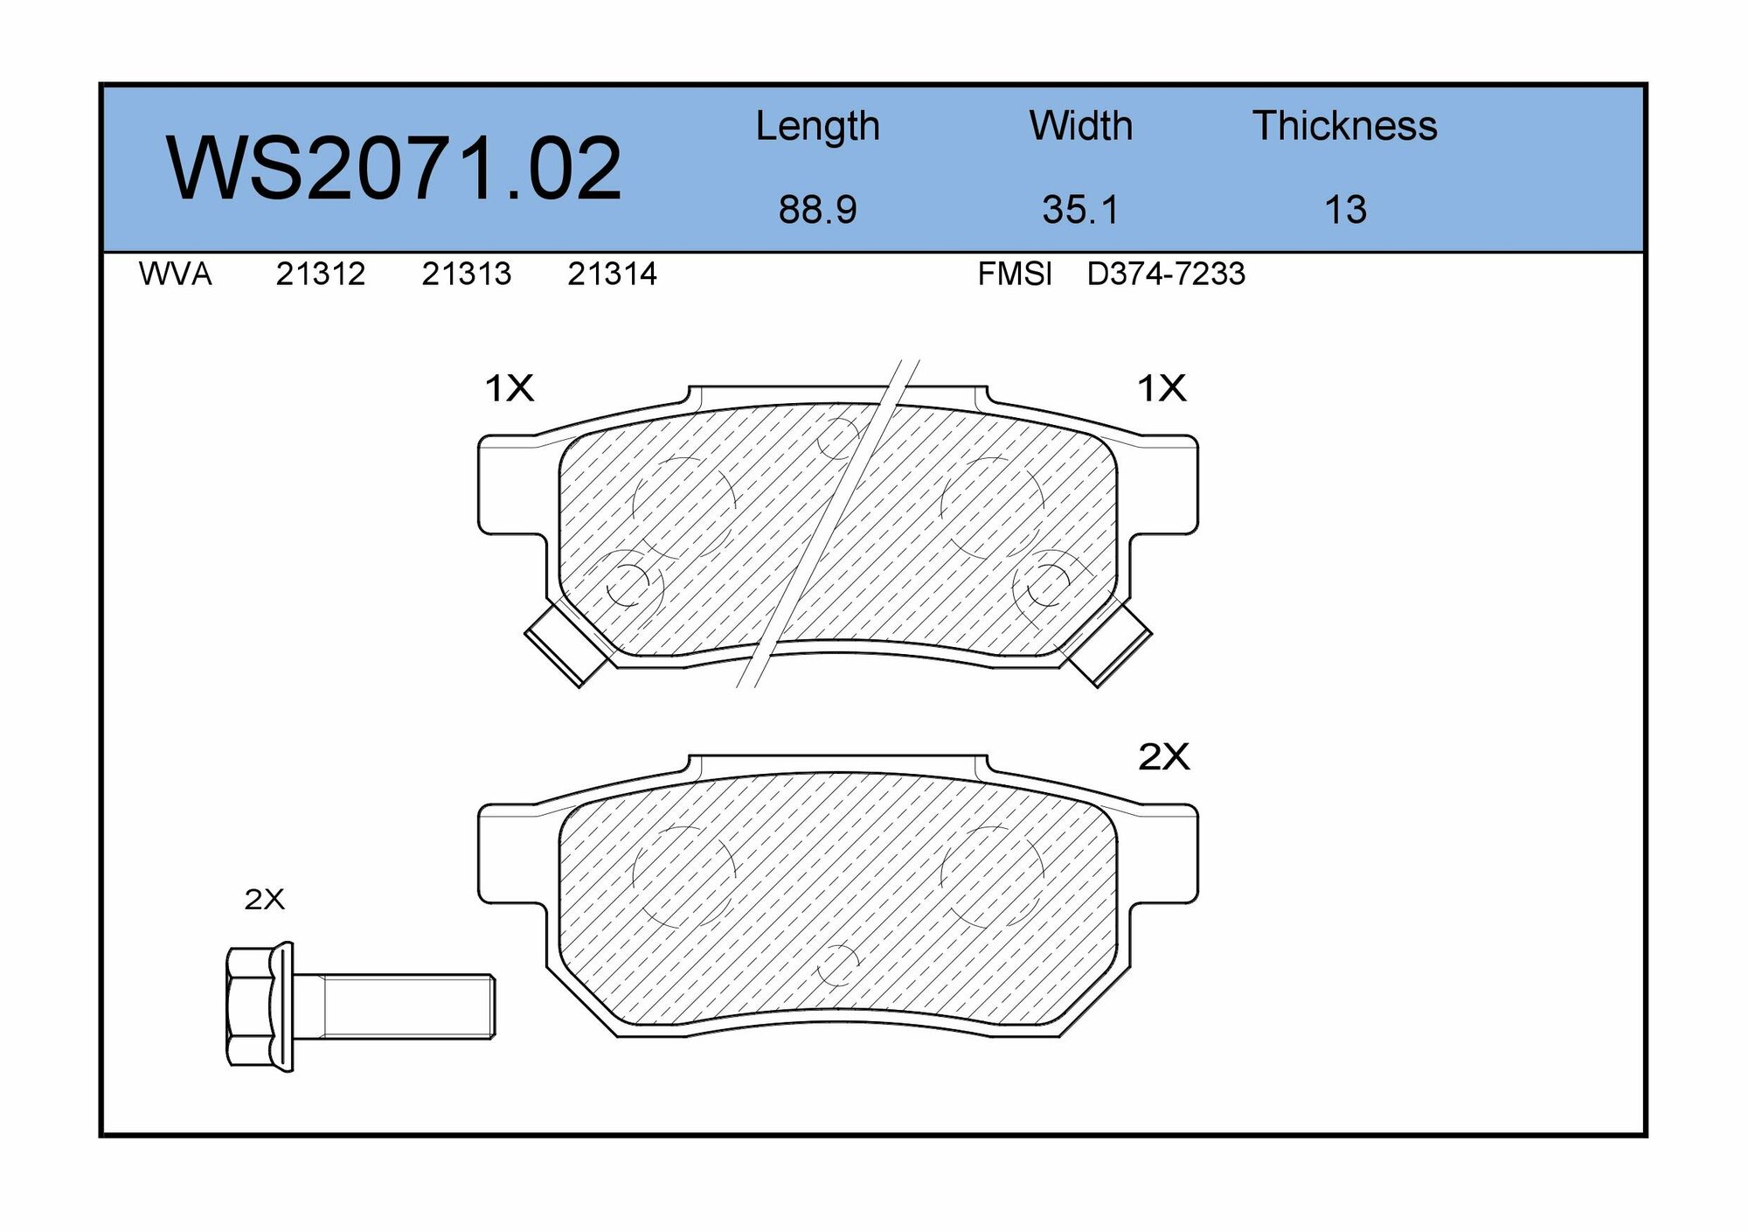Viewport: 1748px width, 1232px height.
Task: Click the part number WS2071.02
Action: pos(393,169)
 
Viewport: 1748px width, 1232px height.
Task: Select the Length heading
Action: pos(817,127)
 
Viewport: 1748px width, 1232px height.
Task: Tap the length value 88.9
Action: pos(817,210)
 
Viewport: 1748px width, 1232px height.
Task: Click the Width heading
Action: pos(1080,126)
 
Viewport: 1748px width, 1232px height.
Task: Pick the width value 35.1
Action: pos(1080,210)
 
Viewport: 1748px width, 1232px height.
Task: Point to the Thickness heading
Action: pos(1344,126)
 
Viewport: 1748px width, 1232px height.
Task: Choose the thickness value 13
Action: pos(1345,210)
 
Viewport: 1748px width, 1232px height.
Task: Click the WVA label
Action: pos(175,275)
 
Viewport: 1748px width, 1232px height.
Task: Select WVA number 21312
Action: pos(320,275)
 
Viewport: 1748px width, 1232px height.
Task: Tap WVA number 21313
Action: pos(466,275)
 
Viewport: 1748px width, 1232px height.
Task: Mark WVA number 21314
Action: pos(612,275)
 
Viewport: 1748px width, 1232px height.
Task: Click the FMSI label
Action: pos(1014,275)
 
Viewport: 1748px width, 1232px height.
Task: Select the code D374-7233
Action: pos(1165,275)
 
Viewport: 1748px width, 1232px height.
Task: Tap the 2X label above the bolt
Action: pos(264,899)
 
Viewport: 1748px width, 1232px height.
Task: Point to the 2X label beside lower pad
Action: pos(1163,757)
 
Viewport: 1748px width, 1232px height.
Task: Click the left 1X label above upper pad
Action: pos(509,387)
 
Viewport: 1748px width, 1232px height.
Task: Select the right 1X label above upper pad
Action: pos(1161,387)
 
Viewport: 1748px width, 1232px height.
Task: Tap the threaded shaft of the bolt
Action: pos(406,1006)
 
